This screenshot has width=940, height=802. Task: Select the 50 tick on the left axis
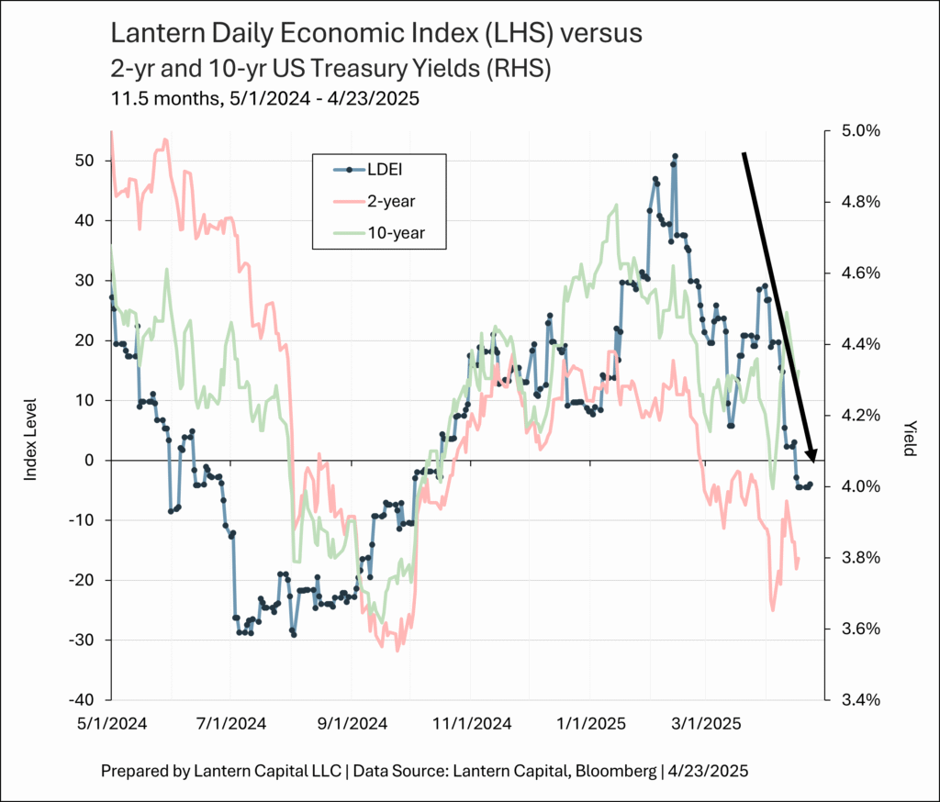(x=84, y=161)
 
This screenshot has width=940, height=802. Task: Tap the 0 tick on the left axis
(x=90, y=461)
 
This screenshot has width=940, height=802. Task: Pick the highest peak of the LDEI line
(x=675, y=156)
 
